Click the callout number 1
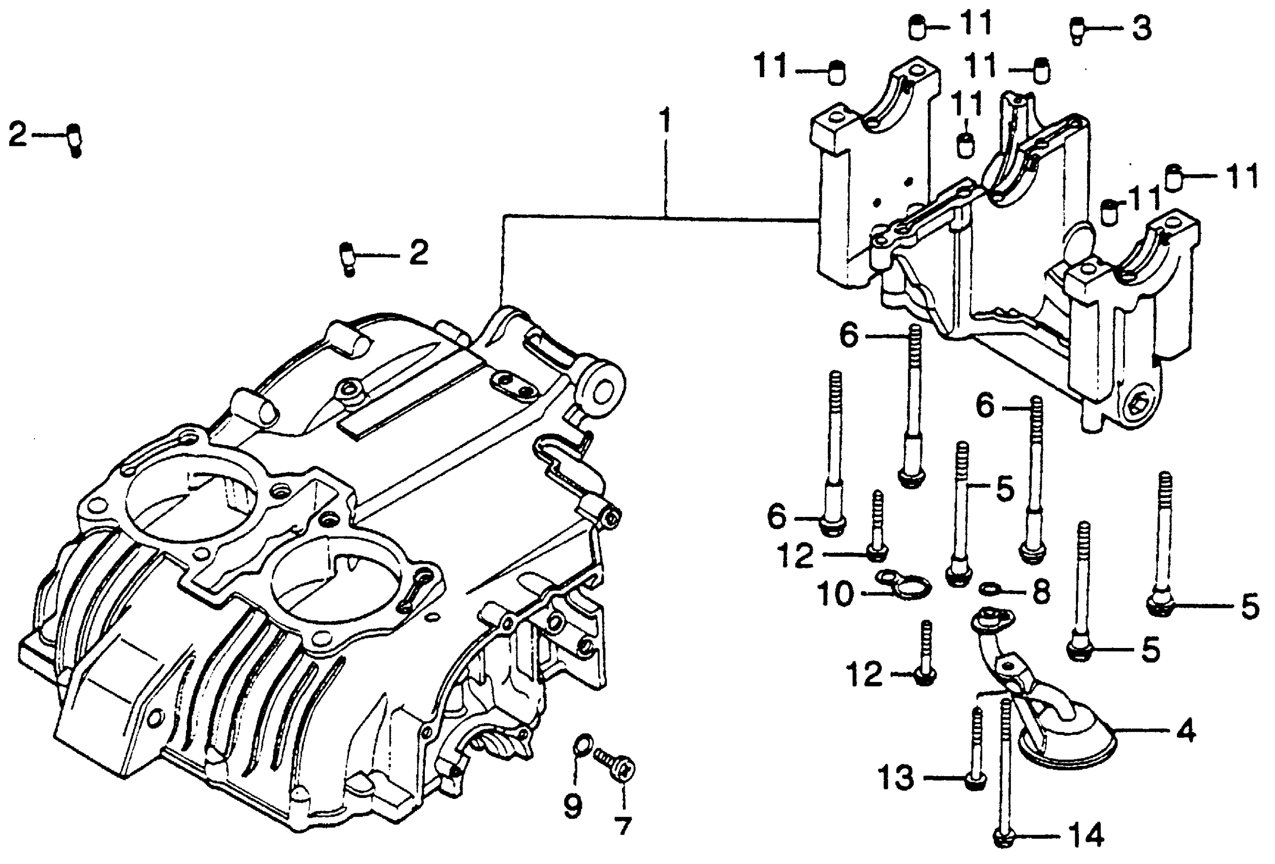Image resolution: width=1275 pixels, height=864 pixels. point(665,121)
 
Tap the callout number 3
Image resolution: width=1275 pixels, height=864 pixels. point(1142,28)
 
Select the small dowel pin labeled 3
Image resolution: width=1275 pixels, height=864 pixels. point(1077,30)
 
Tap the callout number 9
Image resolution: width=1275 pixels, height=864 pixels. point(573,806)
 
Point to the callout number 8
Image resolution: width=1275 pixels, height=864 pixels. point(1041,592)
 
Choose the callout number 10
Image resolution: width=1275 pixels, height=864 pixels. point(835,594)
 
